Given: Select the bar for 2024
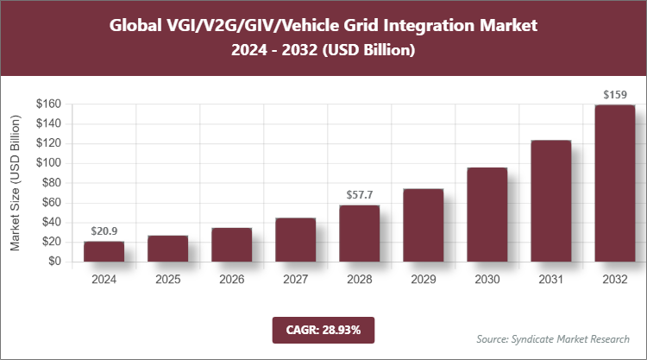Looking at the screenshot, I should [104, 251].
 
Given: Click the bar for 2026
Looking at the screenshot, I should [231, 244].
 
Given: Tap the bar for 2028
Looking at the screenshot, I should [359, 233].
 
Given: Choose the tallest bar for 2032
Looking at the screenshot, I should [614, 183].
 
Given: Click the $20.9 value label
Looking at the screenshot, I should [104, 231].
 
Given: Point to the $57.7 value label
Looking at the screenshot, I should [359, 195].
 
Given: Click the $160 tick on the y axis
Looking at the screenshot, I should [47, 104].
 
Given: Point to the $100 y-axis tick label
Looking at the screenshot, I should [47, 163].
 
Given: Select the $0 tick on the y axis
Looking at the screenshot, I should [53, 262].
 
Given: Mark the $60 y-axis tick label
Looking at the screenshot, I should [50, 203].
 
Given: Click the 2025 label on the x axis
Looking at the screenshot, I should [167, 279].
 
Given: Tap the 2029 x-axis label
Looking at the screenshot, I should [423, 279].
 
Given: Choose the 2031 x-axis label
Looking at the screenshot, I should [550, 279].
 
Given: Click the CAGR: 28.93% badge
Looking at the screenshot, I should [323, 330].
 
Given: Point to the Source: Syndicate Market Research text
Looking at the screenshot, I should [553, 338].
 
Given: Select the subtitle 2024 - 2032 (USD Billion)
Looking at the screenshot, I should [323, 51].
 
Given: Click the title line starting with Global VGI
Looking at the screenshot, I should [323, 25].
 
